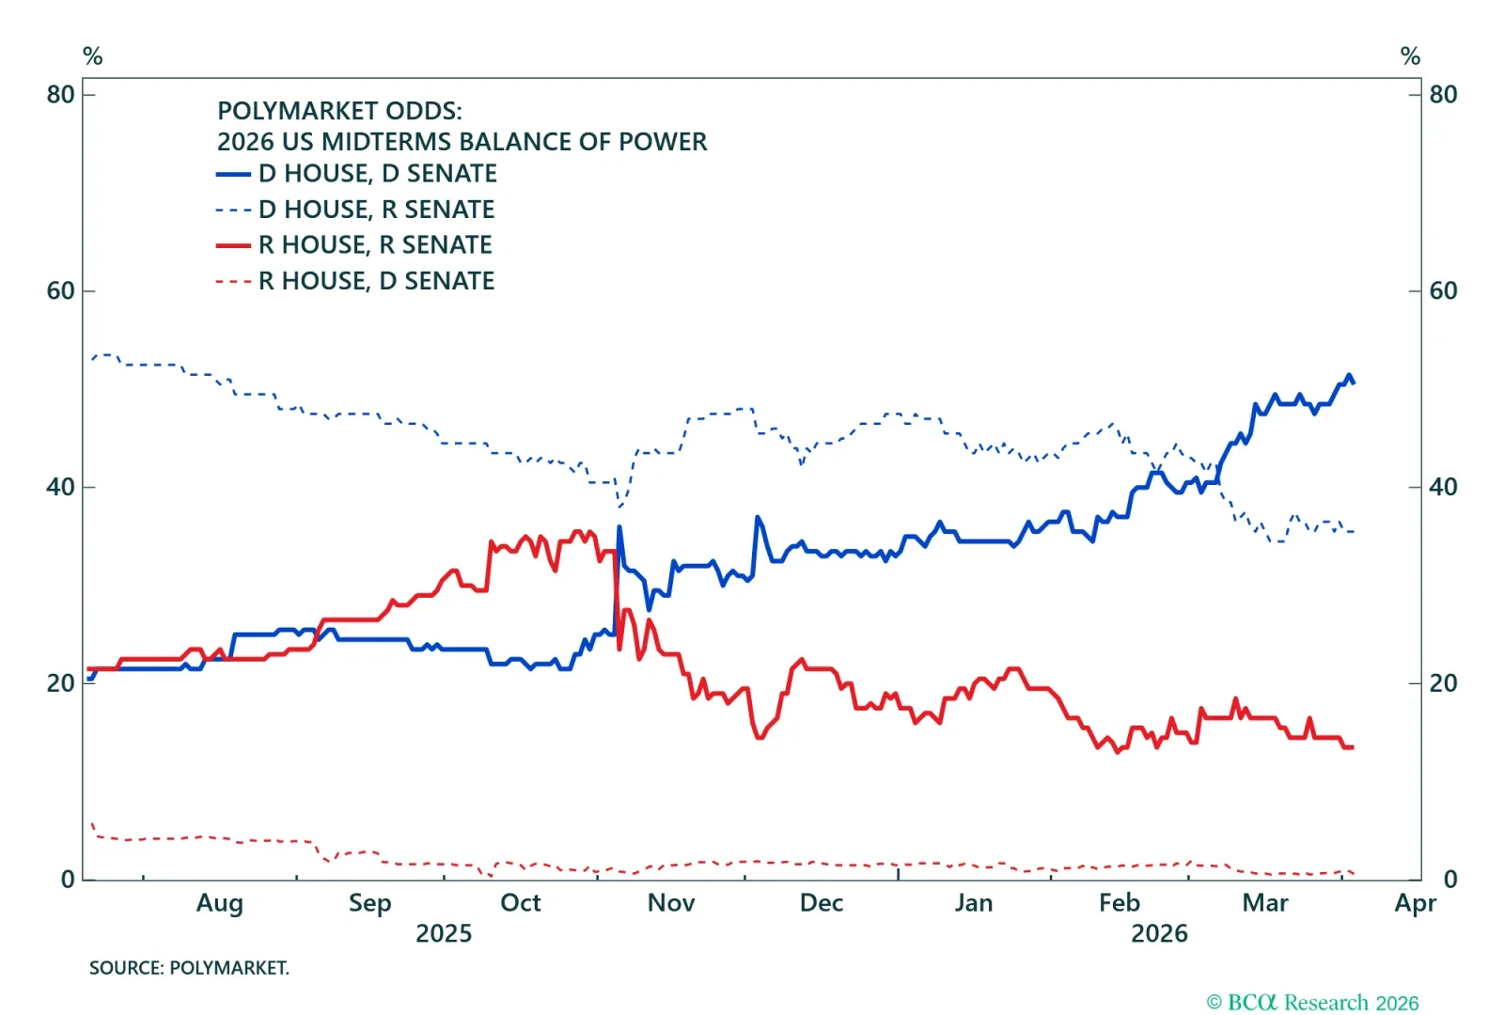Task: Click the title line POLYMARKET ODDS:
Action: [x=339, y=111]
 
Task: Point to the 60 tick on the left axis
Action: [x=60, y=291]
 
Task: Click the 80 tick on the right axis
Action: [x=1443, y=95]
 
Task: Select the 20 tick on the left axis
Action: [x=60, y=684]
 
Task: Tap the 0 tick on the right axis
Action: [x=1450, y=880]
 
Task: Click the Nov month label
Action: [x=671, y=903]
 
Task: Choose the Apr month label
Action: [x=1416, y=903]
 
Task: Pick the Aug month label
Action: [x=220, y=903]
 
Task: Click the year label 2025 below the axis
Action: [x=444, y=934]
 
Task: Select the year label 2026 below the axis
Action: [x=1159, y=934]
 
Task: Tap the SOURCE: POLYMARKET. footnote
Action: [x=189, y=968]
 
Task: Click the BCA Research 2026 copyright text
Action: [x=1312, y=1003]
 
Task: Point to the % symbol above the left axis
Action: [x=92, y=56]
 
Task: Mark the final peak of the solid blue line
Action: [x=1348, y=376]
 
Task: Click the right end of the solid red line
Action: [x=1352, y=747]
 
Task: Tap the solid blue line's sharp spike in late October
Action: [x=619, y=527]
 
